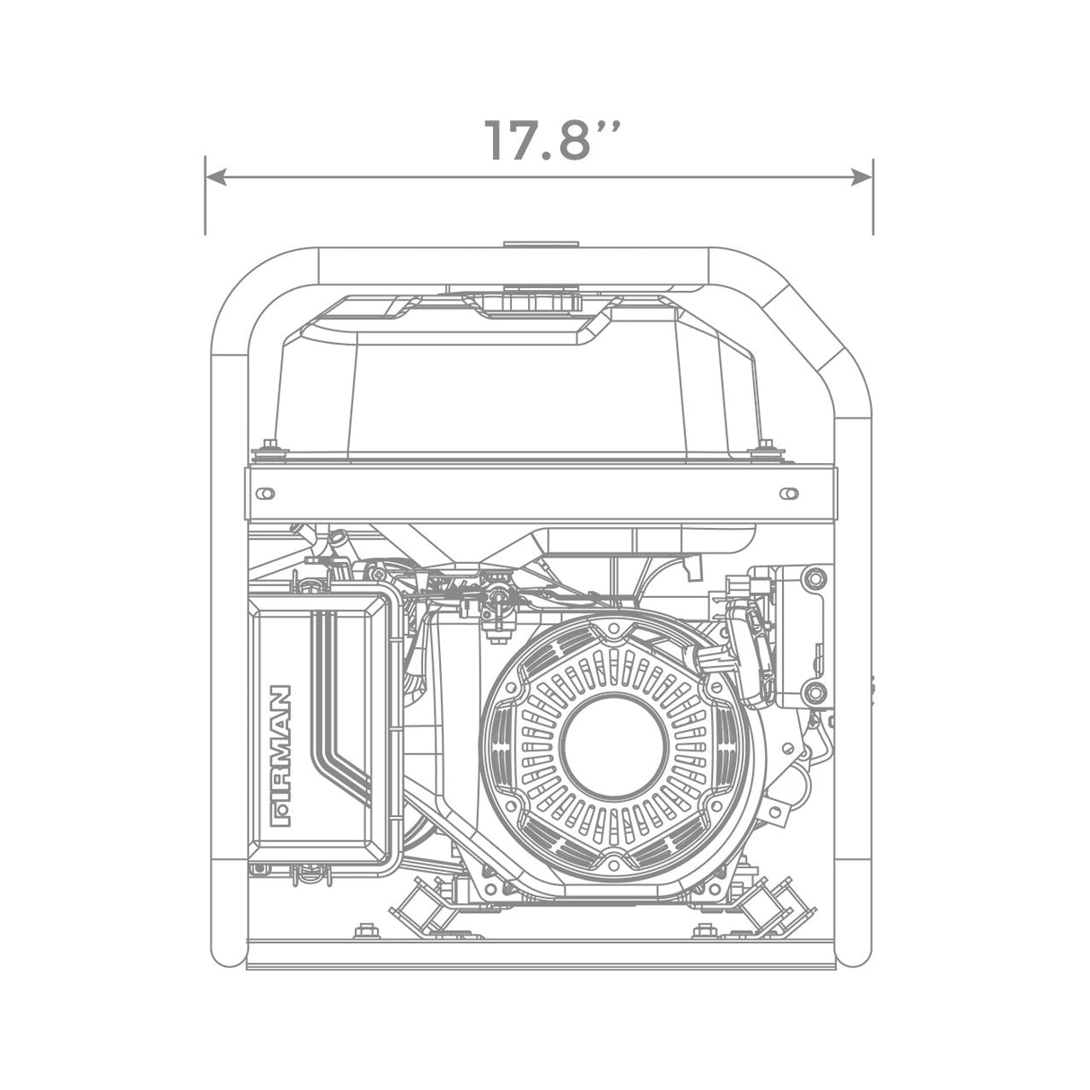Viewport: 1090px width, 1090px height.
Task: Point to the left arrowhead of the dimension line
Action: click(216, 178)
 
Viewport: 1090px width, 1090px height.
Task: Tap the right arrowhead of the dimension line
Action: click(861, 178)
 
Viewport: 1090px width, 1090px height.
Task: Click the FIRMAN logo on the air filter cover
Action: click(280, 756)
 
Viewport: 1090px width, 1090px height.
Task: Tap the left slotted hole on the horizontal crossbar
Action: click(265, 494)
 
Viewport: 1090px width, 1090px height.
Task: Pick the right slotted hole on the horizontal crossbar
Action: click(789, 494)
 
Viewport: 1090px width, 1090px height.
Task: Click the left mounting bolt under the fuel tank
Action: click(270, 446)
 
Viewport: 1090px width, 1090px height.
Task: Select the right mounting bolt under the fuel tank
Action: click(766, 446)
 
